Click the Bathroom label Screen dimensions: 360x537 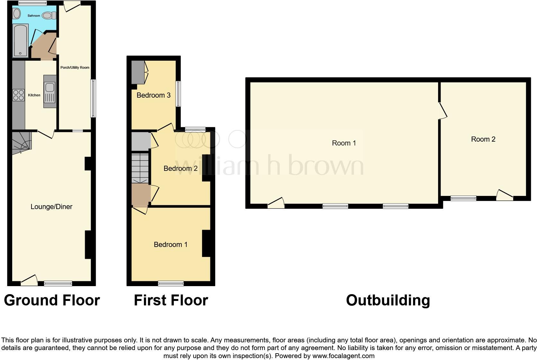pyautogui.click(x=34, y=16)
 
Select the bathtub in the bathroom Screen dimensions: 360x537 pyautogui.click(x=20, y=40)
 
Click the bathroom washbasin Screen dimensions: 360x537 pyautogui.click(x=17, y=13)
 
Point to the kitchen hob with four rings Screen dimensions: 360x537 pyautogui.click(x=19, y=95)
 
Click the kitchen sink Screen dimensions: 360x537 pyautogui.click(x=50, y=91)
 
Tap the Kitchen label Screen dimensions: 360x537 pyautogui.click(x=34, y=95)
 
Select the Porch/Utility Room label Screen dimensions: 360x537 pyautogui.click(x=75, y=67)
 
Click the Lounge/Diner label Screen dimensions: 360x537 pyautogui.click(x=51, y=207)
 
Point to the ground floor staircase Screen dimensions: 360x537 pyautogui.click(x=22, y=142)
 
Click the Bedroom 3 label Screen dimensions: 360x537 pyautogui.click(x=154, y=95)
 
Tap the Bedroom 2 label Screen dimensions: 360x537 pyautogui.click(x=180, y=169)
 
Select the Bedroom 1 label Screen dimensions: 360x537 pyautogui.click(x=171, y=245)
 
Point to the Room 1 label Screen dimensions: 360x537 pyautogui.click(x=344, y=143)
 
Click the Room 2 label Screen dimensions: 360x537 pyautogui.click(x=483, y=139)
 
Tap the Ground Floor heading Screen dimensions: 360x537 pyautogui.click(x=52, y=300)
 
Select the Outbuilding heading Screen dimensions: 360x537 pyautogui.click(x=388, y=300)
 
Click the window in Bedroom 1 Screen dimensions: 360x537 pyautogui.click(x=171, y=283)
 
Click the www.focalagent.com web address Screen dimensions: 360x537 pyautogui.click(x=343, y=356)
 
